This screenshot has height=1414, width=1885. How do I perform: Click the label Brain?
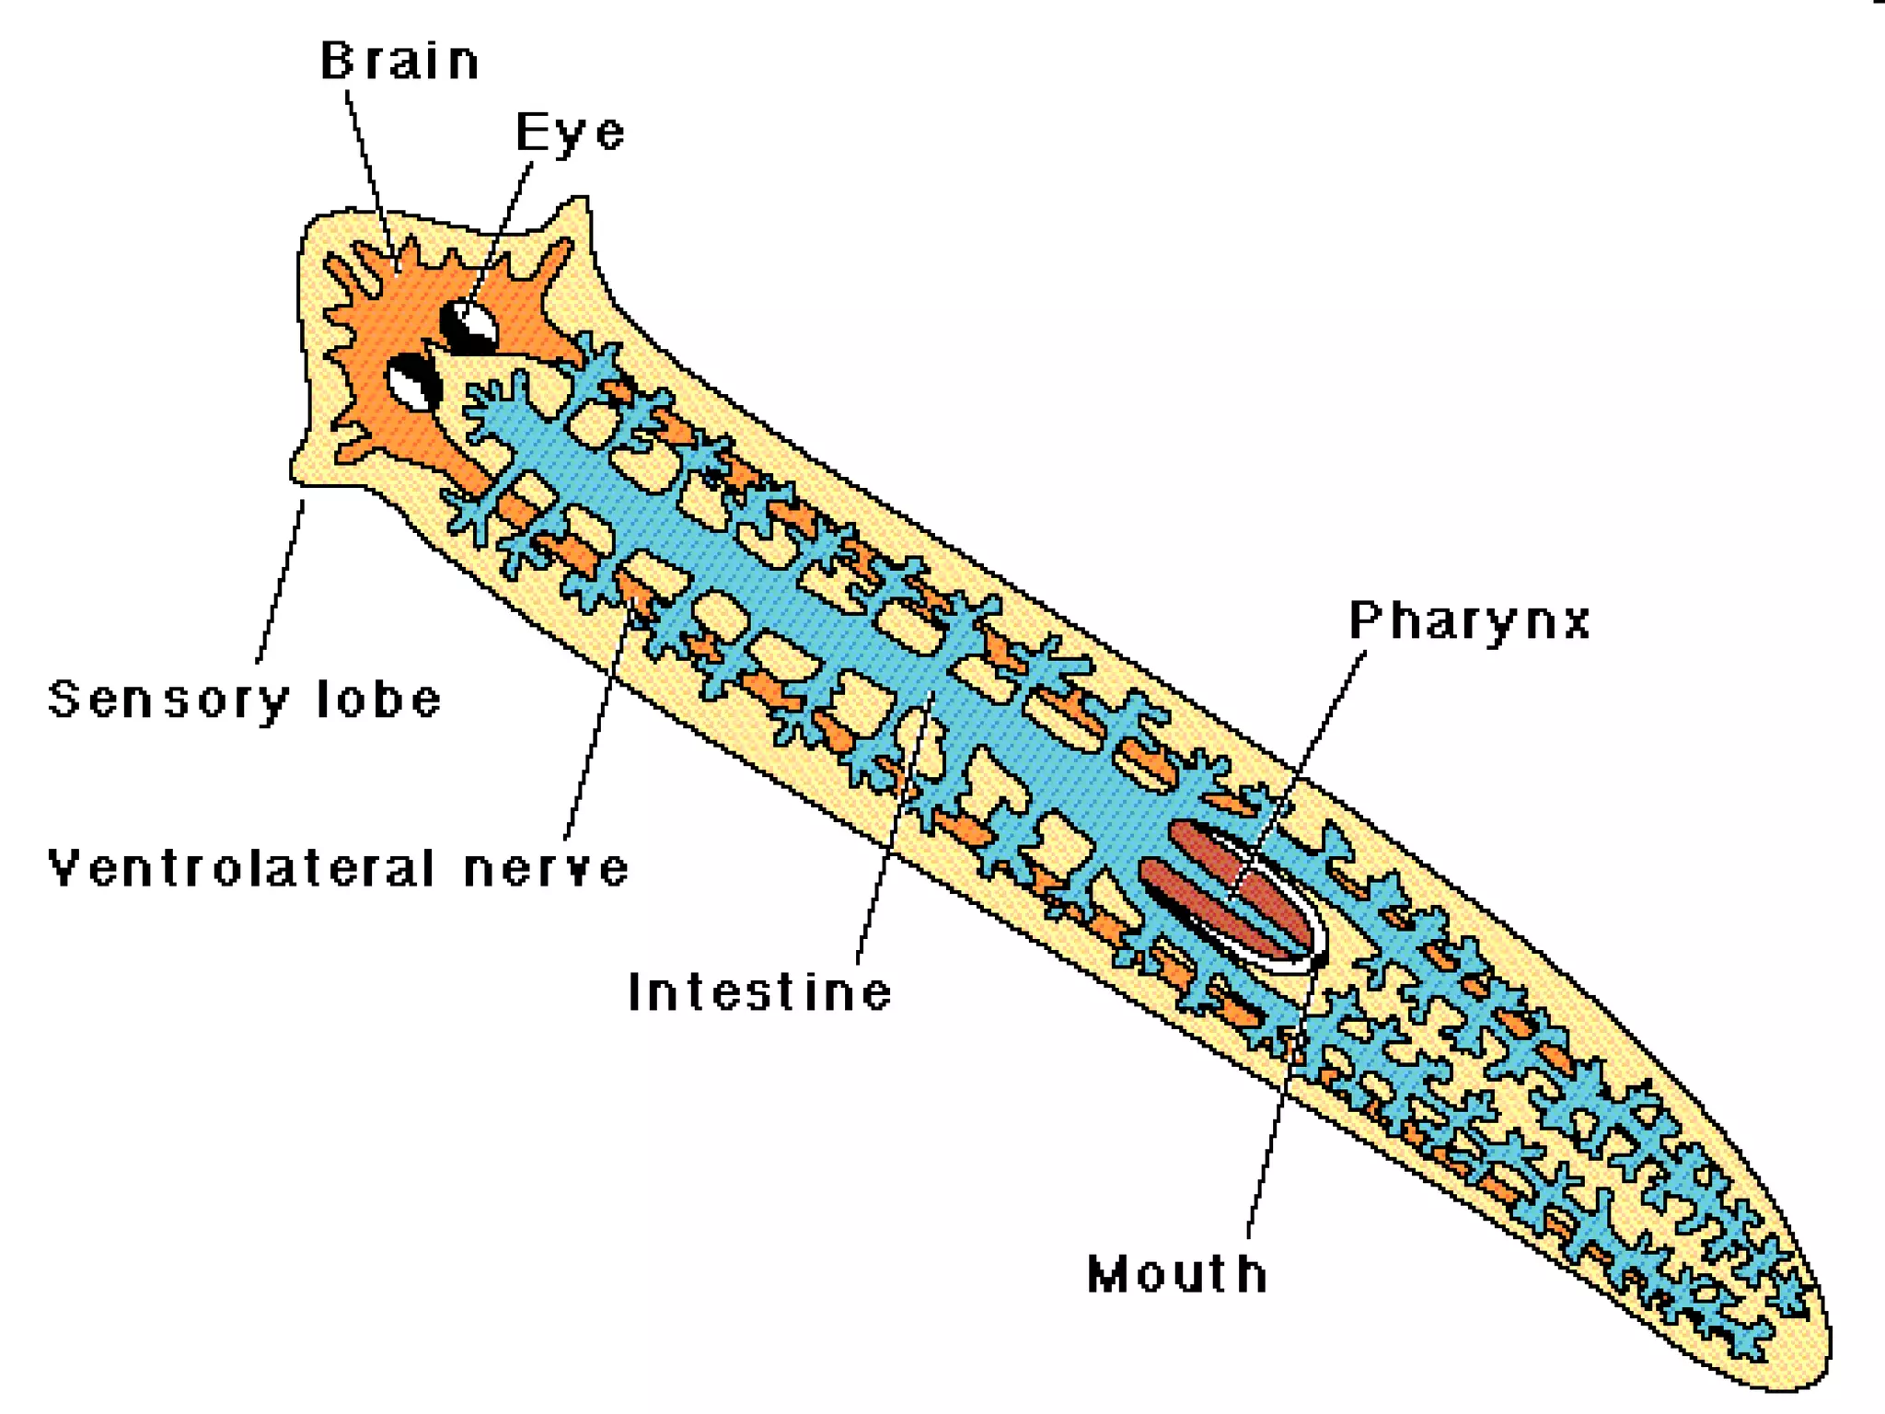[399, 62]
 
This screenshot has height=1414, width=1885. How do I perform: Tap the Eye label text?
[570, 133]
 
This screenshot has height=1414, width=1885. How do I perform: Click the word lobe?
[379, 700]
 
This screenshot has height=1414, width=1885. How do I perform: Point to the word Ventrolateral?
[241, 868]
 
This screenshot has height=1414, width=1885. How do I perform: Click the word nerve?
[546, 868]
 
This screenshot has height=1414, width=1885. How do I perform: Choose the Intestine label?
[759, 992]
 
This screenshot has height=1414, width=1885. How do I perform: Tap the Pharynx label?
[1470, 620]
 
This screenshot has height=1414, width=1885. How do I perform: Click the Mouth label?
[1177, 1275]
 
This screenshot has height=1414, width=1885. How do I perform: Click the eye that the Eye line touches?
[470, 323]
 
